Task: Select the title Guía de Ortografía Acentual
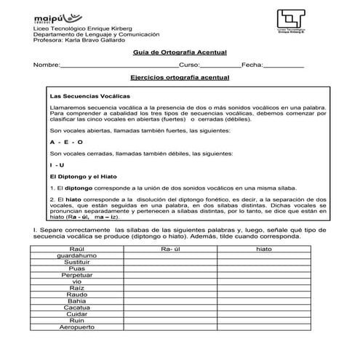tap(180, 52)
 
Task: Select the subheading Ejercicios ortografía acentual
tap(180, 77)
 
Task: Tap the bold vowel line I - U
tap(57, 165)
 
